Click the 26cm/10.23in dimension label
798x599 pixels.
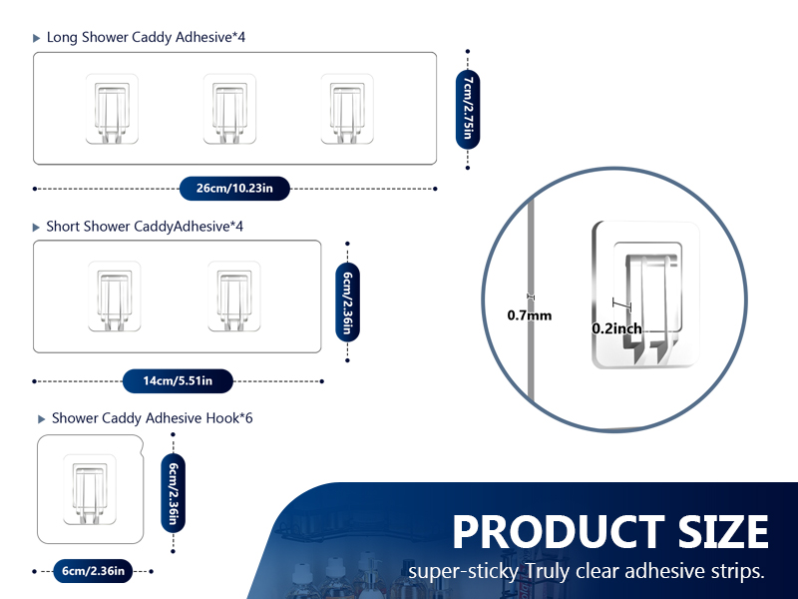click(234, 189)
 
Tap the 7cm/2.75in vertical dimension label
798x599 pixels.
click(468, 109)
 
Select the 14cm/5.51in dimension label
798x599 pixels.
click(178, 381)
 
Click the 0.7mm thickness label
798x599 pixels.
click(530, 315)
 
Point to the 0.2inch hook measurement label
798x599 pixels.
click(616, 328)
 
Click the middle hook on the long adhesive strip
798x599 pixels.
click(229, 109)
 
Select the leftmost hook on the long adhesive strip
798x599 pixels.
click(112, 109)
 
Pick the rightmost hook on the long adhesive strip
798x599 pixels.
click(347, 109)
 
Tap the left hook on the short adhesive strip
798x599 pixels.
click(114, 297)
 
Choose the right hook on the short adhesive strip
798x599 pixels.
click(234, 297)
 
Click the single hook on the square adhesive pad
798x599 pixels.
click(90, 489)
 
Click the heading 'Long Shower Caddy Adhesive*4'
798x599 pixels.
click(146, 38)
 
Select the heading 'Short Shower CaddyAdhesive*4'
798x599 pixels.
click(145, 227)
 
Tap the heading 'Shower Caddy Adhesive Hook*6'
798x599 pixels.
click(153, 418)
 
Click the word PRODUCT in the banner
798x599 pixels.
click(559, 532)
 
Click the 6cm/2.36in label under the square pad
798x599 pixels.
click(93, 571)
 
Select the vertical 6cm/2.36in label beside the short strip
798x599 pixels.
click(347, 302)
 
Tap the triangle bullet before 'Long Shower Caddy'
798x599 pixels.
click(36, 38)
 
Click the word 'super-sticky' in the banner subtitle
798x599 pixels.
click(463, 571)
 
